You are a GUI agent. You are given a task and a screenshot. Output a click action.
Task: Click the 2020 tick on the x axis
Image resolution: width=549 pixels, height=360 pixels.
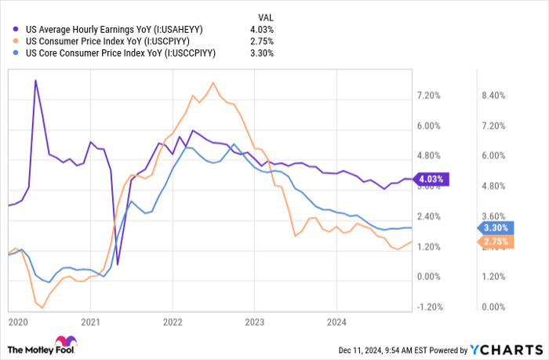point(16,322)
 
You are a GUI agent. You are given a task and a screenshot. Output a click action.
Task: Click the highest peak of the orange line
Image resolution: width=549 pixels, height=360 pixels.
point(213,82)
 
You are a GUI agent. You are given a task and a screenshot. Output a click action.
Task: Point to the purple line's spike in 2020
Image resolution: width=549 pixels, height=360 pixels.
point(35,80)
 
